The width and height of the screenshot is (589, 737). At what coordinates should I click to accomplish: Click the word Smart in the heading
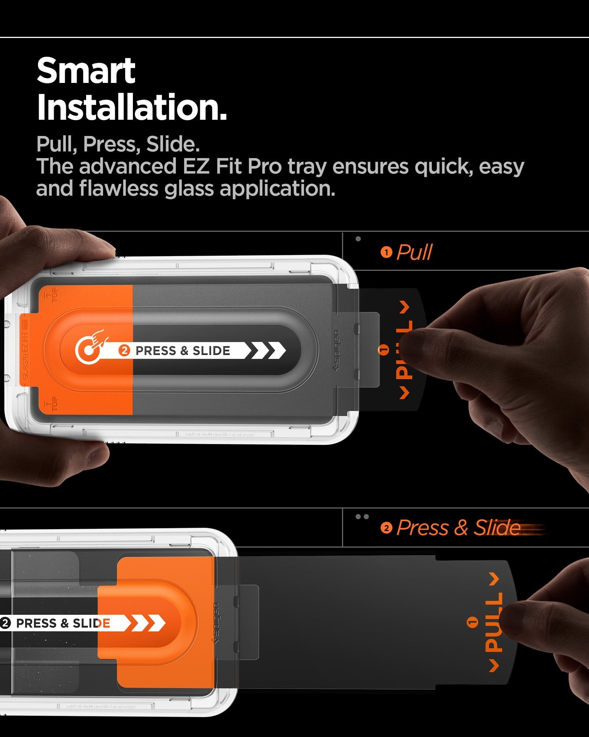(86, 71)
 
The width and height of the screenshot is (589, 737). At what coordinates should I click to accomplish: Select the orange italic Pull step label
(414, 252)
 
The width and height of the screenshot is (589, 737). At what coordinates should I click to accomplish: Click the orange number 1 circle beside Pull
(386, 253)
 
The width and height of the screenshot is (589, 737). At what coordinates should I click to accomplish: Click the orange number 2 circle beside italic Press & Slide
(386, 528)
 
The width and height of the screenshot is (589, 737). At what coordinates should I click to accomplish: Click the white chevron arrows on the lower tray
(147, 623)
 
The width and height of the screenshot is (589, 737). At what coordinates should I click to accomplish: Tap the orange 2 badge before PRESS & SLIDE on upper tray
(124, 350)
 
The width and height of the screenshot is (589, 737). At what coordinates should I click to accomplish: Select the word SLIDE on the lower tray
(91, 623)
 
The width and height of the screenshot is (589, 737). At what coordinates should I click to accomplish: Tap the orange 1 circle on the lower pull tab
(472, 622)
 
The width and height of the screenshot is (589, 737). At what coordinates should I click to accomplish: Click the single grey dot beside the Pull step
(358, 239)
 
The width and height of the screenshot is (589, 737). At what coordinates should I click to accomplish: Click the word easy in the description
(501, 167)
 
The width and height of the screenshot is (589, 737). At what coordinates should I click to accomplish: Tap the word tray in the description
(307, 167)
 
